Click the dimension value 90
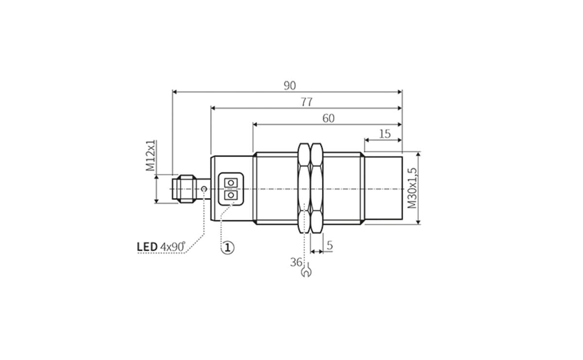[x=290, y=86]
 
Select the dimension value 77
[x=306, y=102]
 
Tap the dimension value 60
[x=328, y=118]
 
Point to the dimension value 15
[x=384, y=134]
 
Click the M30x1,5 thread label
[x=412, y=189]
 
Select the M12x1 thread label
[x=151, y=156]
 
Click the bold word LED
[x=147, y=247]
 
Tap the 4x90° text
[x=173, y=247]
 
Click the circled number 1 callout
[x=227, y=247]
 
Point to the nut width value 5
[x=329, y=246]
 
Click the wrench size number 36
[x=296, y=262]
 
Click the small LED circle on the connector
[x=205, y=189]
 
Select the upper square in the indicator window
[x=230, y=182]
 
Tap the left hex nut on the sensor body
[x=304, y=189]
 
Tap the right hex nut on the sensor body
[x=317, y=189]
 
